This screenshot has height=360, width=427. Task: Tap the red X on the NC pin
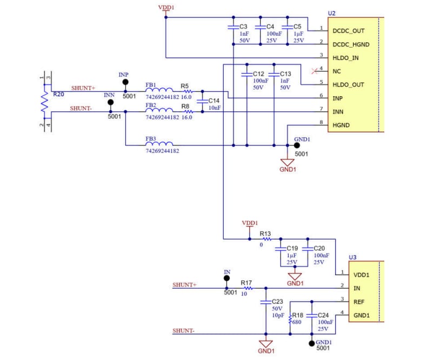(315, 71)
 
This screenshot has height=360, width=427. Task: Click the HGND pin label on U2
(341, 125)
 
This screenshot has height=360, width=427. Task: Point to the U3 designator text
(352, 257)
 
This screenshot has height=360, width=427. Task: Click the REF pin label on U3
(359, 302)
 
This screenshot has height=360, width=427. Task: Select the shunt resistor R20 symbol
(46, 102)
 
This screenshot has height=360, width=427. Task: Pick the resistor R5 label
(185, 86)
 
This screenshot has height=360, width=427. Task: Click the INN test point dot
(111, 102)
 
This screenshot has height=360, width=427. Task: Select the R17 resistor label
(246, 282)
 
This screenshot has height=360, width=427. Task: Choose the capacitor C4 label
(270, 26)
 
